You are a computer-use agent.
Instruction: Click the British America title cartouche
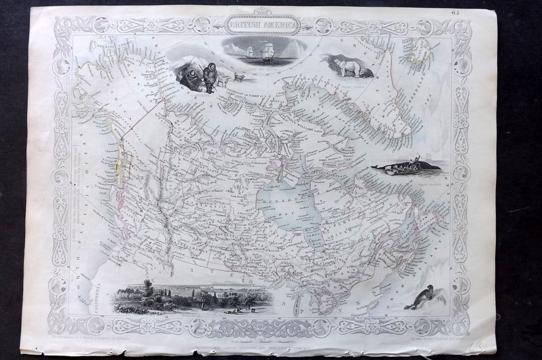[x=262, y=24]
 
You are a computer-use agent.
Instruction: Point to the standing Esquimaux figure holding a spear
[x=209, y=76]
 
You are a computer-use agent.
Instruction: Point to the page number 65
[x=454, y=12]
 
